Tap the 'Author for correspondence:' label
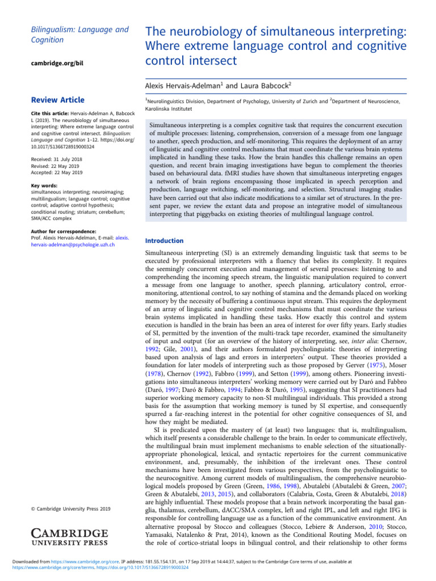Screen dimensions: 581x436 [x=63, y=231]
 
